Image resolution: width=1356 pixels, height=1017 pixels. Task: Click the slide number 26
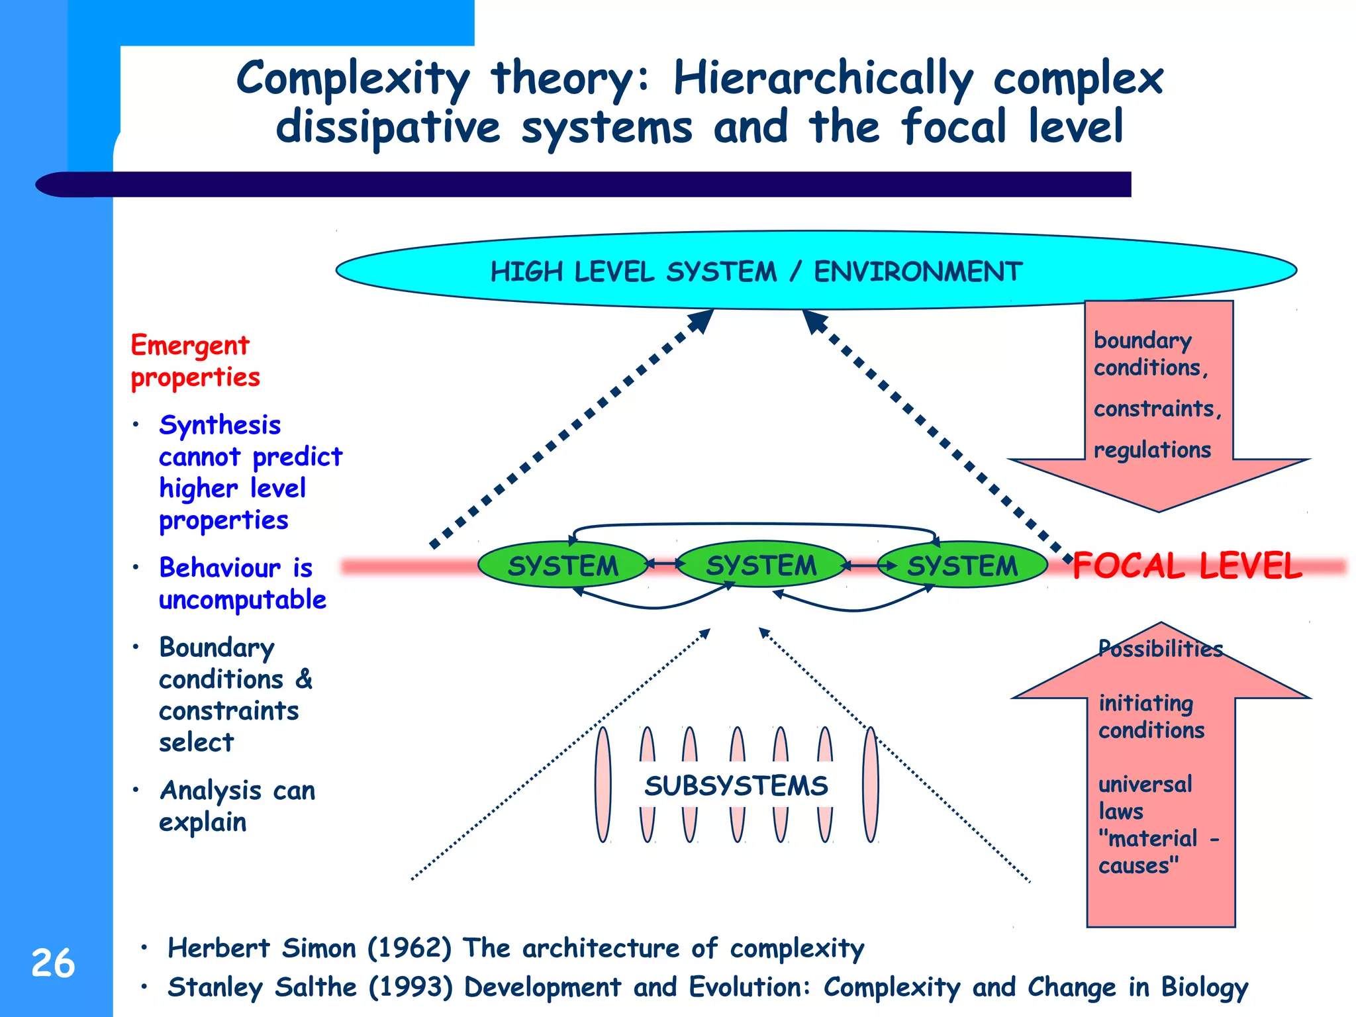(x=53, y=963)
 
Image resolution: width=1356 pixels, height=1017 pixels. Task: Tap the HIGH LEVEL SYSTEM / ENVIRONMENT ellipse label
(x=756, y=272)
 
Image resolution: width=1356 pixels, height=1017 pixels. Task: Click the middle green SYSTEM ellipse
(x=761, y=565)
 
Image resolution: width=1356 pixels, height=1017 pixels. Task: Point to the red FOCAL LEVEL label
(x=1186, y=566)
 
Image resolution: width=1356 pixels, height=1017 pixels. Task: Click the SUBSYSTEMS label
(x=736, y=786)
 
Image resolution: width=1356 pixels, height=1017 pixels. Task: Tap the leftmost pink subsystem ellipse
(x=603, y=785)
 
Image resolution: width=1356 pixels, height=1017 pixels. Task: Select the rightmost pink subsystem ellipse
(x=871, y=785)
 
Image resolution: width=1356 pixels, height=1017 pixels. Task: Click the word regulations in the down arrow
(x=1152, y=450)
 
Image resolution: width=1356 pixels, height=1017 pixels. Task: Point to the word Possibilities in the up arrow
(x=1160, y=648)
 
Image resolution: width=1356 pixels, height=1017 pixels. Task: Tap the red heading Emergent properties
(x=194, y=361)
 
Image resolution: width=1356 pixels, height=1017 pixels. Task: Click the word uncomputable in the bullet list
(x=242, y=600)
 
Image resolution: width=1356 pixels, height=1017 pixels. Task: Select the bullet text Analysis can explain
(x=236, y=806)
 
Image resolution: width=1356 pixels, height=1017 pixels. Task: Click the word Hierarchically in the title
(x=823, y=78)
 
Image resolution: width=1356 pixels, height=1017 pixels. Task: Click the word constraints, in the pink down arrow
(x=1157, y=409)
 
